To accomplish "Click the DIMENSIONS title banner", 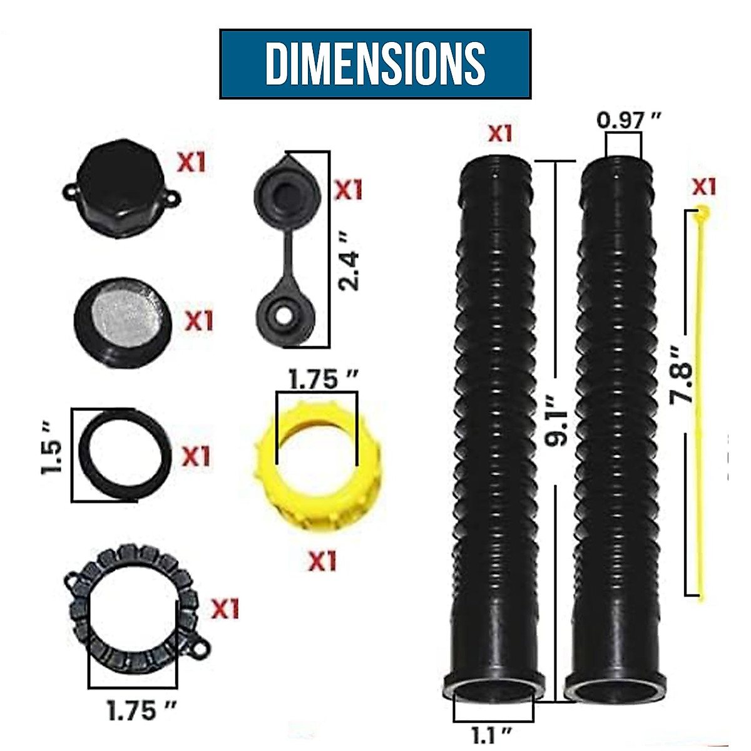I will pos(375,63).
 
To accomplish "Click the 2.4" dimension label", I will pos(349,270).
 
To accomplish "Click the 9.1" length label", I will pos(555,420).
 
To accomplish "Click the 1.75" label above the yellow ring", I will pos(322,379).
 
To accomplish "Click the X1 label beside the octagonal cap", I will pos(191,163).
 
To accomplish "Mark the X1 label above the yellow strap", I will pos(703,186).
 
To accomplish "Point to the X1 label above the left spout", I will pos(500,133).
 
